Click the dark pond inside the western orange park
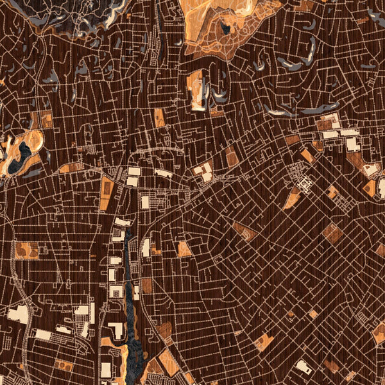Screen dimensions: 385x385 (x=24, y=153)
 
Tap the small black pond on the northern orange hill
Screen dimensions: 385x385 (x=226, y=28)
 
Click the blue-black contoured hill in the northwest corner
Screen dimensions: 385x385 (x=83, y=13)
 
